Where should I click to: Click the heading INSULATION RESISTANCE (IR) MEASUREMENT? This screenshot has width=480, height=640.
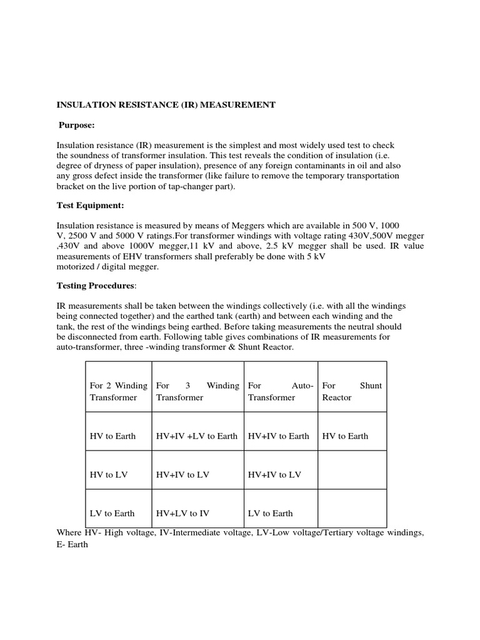point(166,105)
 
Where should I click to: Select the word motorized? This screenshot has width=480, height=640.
point(79,266)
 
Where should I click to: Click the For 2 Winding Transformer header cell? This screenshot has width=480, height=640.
point(119,391)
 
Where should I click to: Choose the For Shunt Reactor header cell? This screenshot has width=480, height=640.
point(352,391)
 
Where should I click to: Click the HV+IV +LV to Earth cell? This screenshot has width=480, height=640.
point(197,436)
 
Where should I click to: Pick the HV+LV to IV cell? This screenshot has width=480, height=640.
point(182,513)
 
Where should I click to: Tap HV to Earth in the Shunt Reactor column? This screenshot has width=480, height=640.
point(345,436)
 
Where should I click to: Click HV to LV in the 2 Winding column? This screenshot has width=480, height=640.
point(109,474)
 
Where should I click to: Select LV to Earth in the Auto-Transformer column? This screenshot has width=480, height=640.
point(270,513)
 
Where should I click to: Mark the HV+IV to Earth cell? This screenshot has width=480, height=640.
point(278,436)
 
